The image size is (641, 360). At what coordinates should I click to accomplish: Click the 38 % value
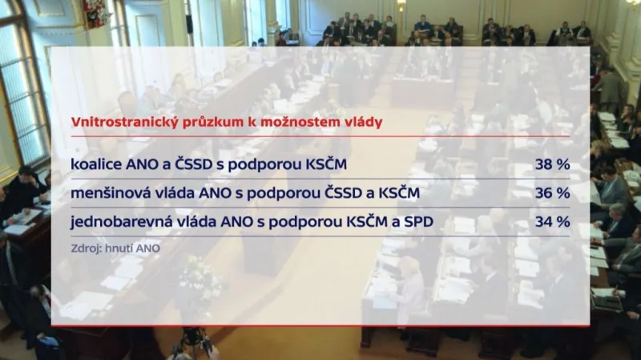(x=552, y=165)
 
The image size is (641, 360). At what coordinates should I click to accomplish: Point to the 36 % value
(x=552, y=193)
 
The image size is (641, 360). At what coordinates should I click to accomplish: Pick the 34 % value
(x=552, y=221)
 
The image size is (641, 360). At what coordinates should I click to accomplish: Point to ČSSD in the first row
(x=198, y=165)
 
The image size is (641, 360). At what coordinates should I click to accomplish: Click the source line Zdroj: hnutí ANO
(x=115, y=249)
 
